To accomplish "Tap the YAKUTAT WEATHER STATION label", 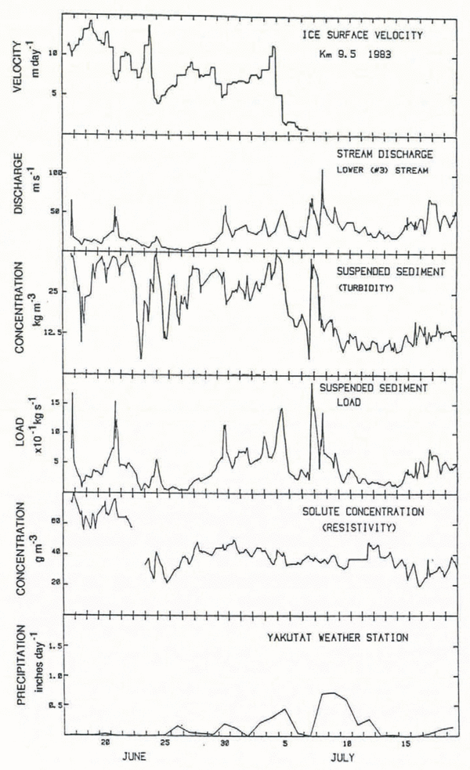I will coord(357,638).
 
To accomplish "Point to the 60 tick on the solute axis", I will coord(55,521).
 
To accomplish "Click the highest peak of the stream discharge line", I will coord(322,170).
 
